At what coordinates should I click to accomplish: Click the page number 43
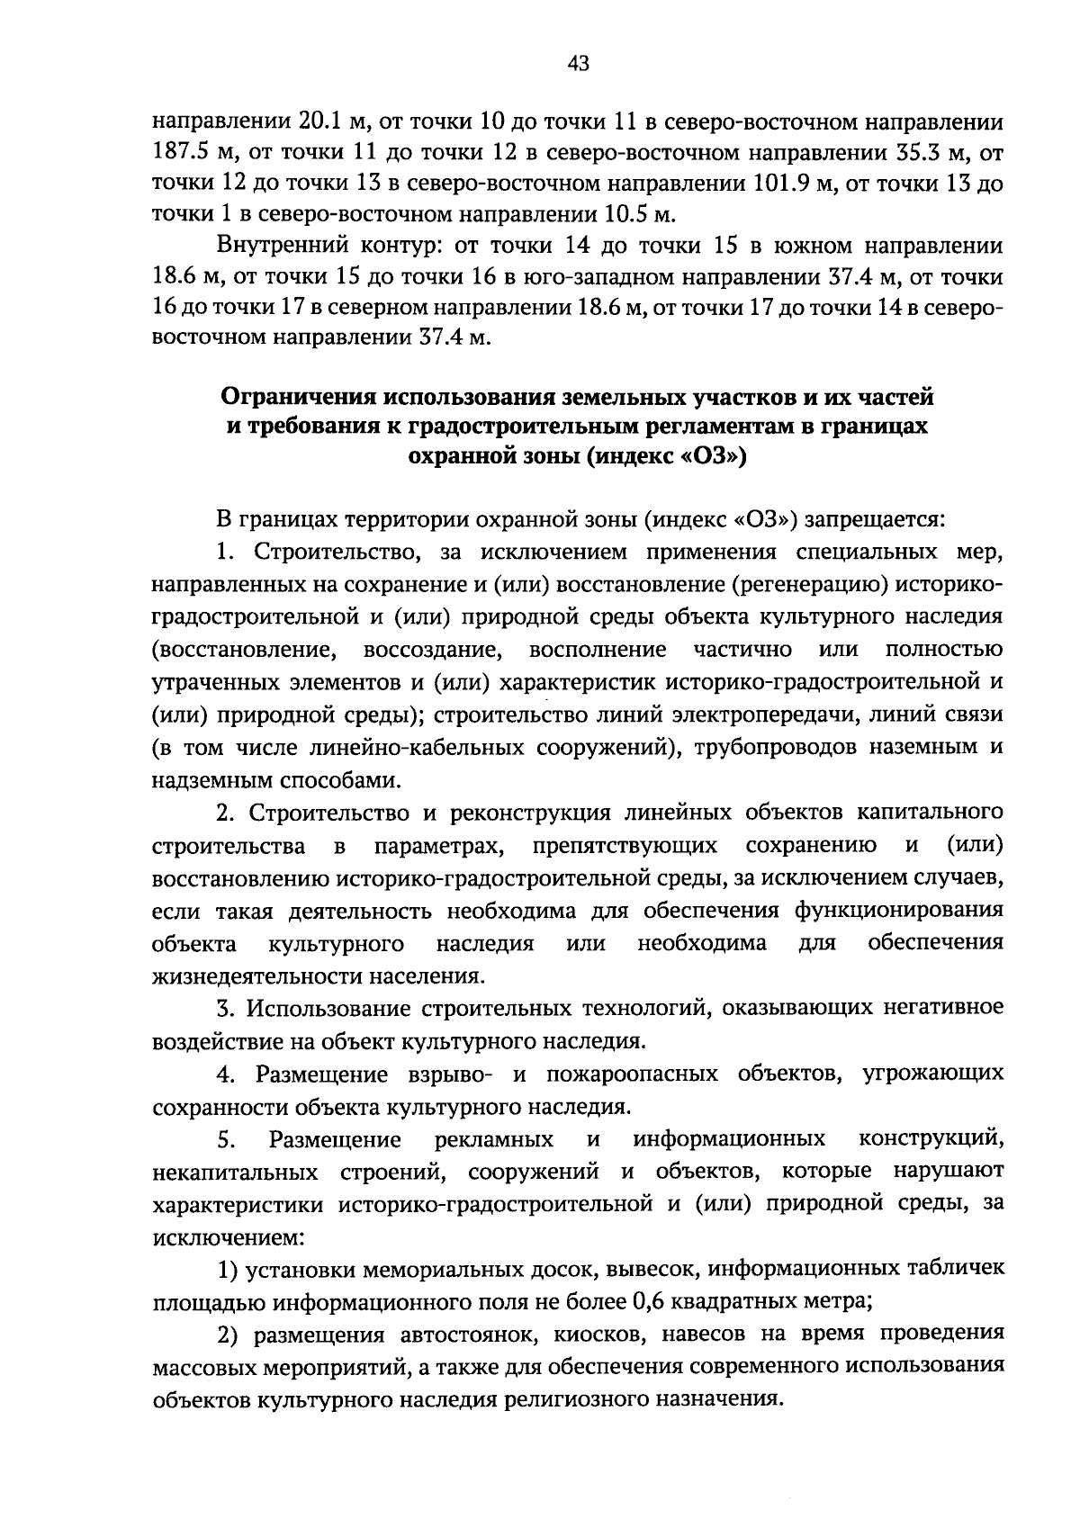click(578, 63)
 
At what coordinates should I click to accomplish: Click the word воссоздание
click(431, 649)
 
